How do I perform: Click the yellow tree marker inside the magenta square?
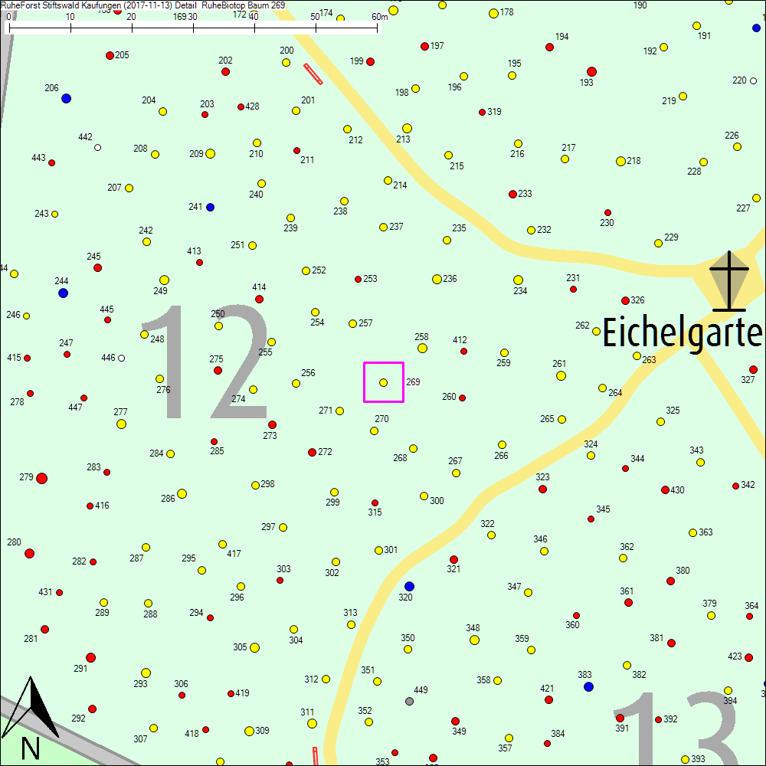point(383,382)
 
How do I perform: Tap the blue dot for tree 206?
point(66,99)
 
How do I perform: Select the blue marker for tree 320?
point(409,587)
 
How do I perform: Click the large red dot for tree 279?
point(41,478)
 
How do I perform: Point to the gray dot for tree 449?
point(409,700)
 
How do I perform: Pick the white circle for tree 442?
point(97,148)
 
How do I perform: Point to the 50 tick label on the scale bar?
point(315,17)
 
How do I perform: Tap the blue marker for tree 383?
point(588,686)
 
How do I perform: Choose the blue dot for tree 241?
point(210,207)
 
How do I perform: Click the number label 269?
point(413,381)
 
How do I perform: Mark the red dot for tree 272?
point(312,452)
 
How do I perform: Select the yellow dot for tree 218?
point(620,161)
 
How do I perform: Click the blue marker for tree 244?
point(63,293)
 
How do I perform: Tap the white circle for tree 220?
point(753,80)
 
